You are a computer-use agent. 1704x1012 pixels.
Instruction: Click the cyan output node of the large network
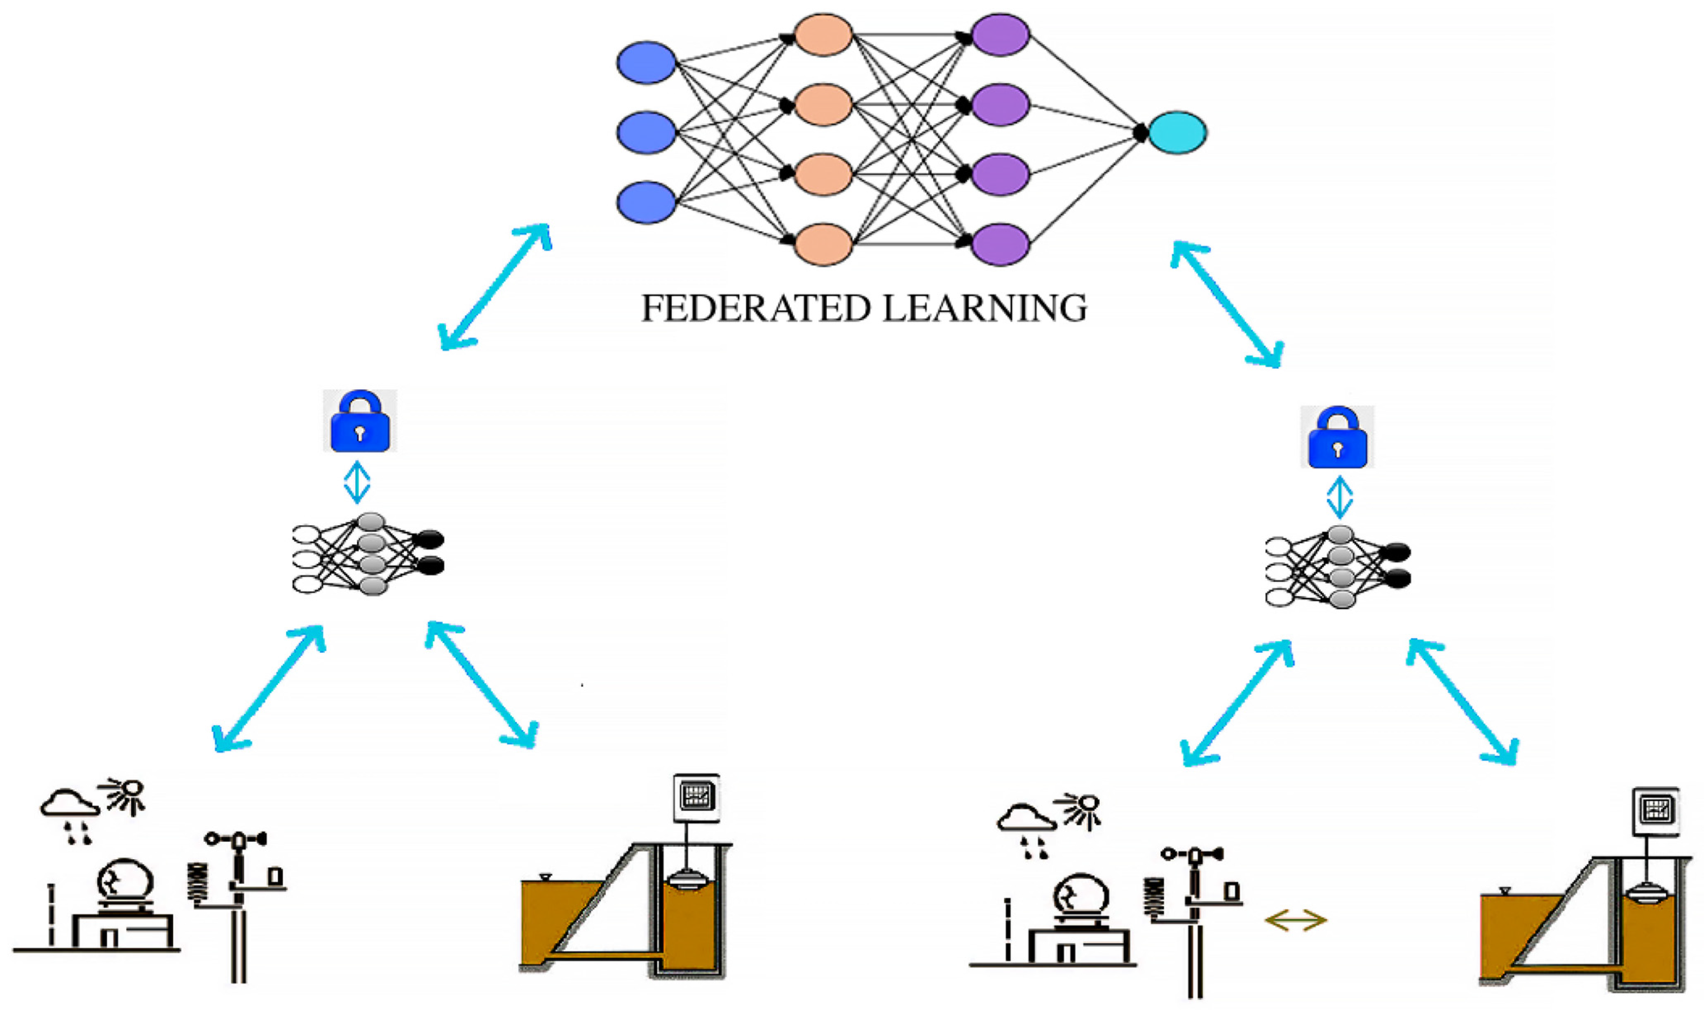pos(1177,132)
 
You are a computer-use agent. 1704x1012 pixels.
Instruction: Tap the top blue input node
pos(646,63)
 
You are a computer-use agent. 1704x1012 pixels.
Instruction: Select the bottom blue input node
pos(646,202)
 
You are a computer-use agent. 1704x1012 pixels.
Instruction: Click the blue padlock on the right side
pos(1337,439)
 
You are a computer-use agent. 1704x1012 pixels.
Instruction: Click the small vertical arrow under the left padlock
pos(357,483)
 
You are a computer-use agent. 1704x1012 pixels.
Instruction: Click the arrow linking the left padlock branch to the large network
pos(495,286)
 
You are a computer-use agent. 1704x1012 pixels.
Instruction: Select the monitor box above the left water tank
pos(696,797)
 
